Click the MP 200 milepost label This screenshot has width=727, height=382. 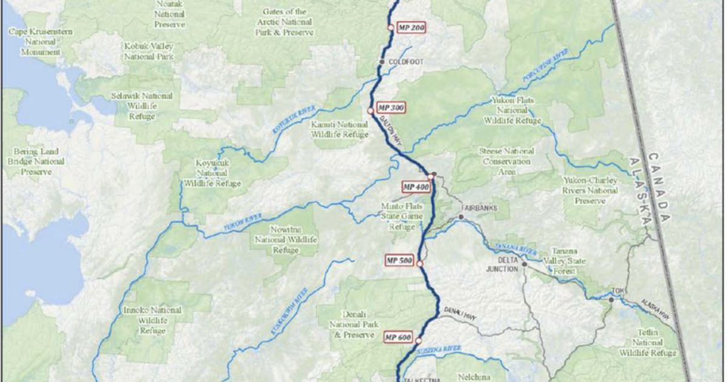[x=410, y=27]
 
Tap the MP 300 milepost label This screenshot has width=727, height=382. [x=391, y=107]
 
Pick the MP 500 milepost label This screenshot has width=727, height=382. [x=399, y=261]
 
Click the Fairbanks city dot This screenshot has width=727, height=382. [x=461, y=216]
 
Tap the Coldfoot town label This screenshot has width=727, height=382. [x=405, y=62]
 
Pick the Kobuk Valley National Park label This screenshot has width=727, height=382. [x=149, y=51]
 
